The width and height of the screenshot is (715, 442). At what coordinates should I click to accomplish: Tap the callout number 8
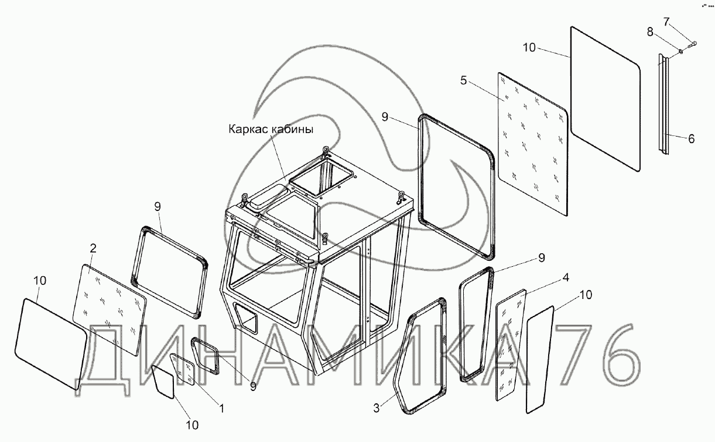[650, 32]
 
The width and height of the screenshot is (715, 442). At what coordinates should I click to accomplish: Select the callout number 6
[691, 139]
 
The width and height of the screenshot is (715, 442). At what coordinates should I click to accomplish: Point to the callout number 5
[463, 80]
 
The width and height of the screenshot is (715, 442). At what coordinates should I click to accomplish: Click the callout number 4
[566, 277]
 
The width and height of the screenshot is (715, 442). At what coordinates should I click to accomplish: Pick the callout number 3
[377, 408]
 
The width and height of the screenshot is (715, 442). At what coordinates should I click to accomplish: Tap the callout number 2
[93, 249]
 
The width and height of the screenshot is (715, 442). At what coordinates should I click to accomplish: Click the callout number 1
[221, 408]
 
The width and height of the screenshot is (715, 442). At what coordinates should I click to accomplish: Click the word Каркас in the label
[249, 130]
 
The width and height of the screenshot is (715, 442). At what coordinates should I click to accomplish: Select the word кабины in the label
[293, 130]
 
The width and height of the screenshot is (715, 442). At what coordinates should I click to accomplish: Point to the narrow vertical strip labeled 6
[663, 105]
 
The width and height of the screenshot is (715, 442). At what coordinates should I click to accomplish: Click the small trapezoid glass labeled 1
[183, 369]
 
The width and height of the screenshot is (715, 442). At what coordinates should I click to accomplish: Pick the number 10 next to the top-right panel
[529, 47]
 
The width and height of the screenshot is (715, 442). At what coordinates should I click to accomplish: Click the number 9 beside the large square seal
[385, 117]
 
